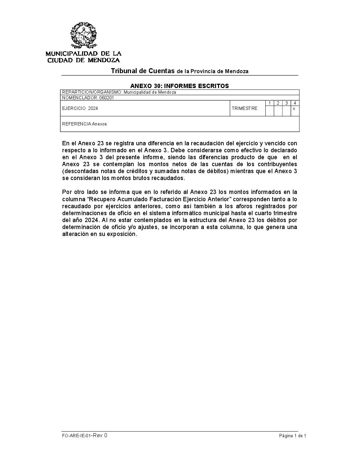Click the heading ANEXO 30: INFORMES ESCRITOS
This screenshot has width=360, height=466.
pos(179,86)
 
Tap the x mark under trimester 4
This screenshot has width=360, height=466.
pos(294,109)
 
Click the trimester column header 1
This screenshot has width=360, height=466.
pos(270,103)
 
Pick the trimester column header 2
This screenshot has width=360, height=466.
pos(278,103)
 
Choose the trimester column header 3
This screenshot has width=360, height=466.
pos(287,103)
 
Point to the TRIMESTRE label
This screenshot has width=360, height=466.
pos(245,109)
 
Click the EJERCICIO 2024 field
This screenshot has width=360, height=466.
pos(80,109)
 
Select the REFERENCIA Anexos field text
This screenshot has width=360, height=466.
pos(84,124)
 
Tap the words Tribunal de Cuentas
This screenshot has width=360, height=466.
pos(143,71)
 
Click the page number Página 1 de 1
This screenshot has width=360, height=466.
pos(292,436)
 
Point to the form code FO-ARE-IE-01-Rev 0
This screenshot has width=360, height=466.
pos(84,436)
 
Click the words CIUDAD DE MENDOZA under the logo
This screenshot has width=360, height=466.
pos(83,60)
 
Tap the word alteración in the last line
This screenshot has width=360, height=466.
pos(76,234)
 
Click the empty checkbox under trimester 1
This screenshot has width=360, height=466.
pos(270,111)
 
